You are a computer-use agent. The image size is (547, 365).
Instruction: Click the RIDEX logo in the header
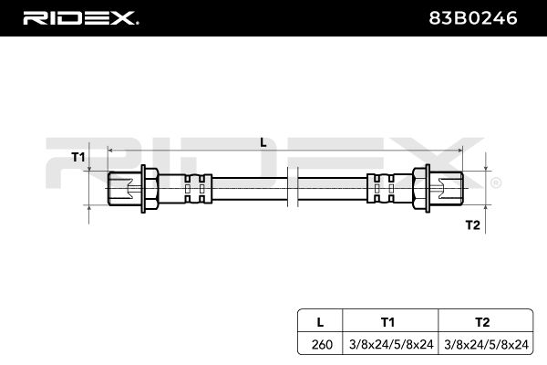(80, 16)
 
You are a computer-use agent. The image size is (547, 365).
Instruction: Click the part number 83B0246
(480, 16)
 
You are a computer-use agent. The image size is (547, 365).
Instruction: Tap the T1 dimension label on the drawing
(78, 157)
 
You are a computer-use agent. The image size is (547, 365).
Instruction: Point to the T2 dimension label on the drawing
(472, 224)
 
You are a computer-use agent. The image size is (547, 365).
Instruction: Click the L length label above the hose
(263, 141)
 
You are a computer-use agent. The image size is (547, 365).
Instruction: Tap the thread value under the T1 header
(388, 345)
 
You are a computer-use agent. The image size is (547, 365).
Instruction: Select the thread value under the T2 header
(484, 345)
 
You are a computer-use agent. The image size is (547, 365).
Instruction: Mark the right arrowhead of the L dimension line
(457, 149)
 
